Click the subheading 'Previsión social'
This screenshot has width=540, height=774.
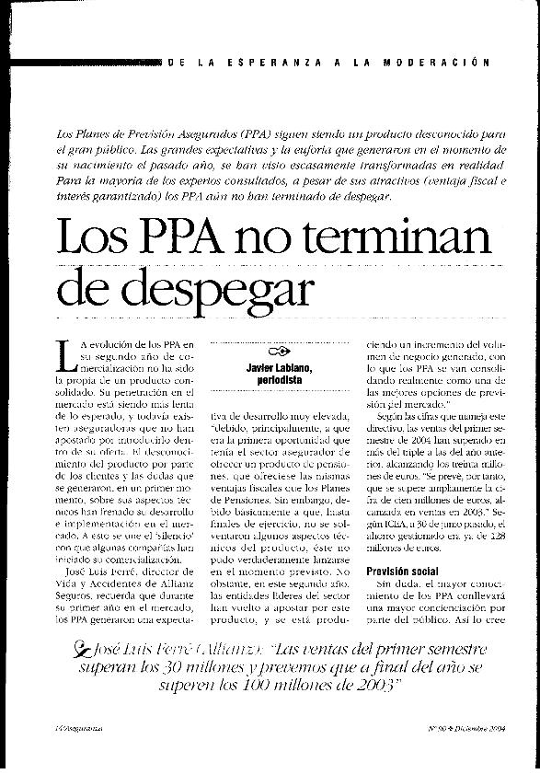pos(400,572)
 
